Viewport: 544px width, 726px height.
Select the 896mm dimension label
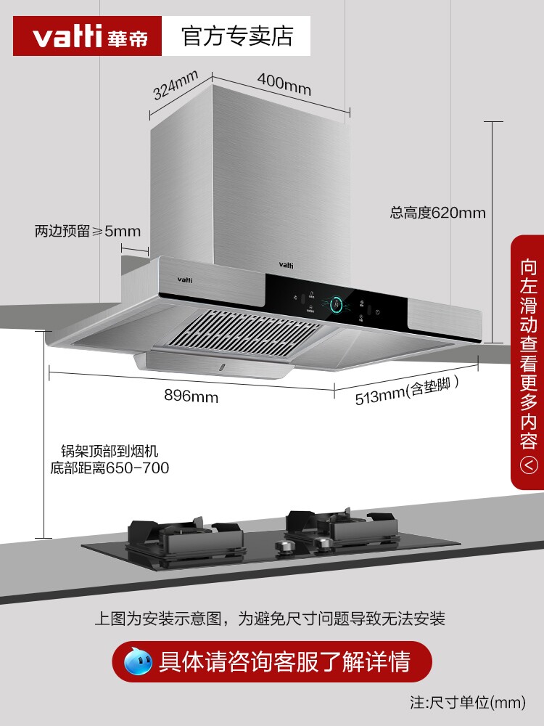point(191,397)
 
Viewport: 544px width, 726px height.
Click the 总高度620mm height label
point(437,213)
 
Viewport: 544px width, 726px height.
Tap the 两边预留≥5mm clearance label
point(87,232)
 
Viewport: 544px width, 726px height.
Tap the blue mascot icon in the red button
point(138,661)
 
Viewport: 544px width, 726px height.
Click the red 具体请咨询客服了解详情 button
point(272,661)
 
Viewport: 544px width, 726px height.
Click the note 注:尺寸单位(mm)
point(467,703)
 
